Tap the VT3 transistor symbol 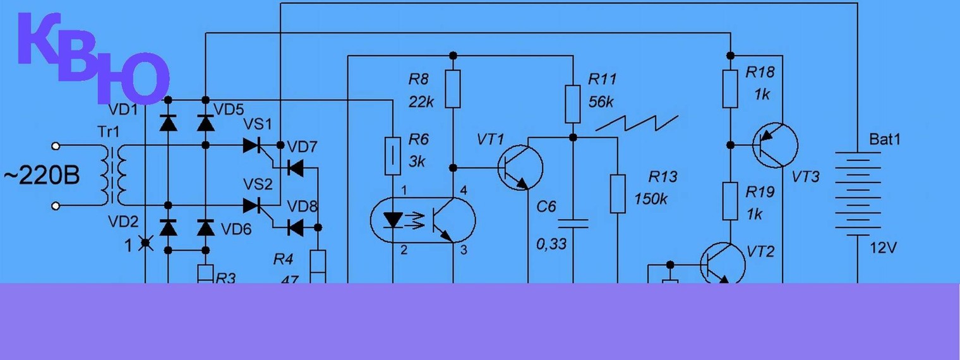coord(776,145)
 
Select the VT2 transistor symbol coord(724,265)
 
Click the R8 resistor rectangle coord(453,89)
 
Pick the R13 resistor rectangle coord(618,194)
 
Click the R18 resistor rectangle coord(730,89)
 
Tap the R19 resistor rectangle coord(730,201)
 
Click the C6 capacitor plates coord(572,223)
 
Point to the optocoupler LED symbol coord(393,220)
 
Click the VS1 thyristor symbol coord(253,146)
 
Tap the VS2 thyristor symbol coord(253,205)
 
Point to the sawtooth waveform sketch coord(637,122)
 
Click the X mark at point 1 coord(146,243)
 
